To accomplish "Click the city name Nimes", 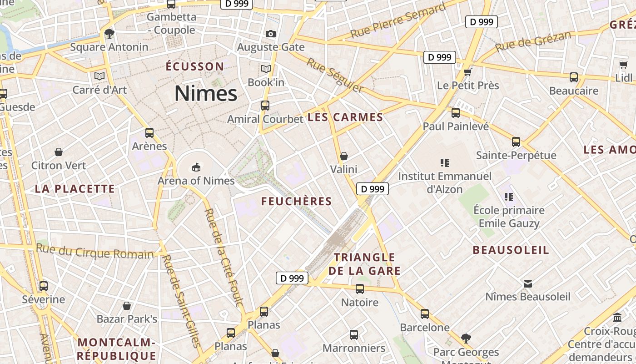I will coord(206,93).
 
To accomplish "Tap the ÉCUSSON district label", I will coord(195,67).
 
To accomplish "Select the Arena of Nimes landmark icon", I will coord(196,167).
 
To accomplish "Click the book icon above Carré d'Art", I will coord(99,76).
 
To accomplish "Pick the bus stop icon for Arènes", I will coord(149,133).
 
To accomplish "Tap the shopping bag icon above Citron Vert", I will coord(59,152).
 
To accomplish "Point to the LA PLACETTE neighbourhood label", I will coord(75,189).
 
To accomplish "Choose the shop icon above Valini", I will coord(344,156).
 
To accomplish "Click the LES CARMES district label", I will coord(345,117).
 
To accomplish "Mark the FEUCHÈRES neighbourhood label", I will coord(297,201).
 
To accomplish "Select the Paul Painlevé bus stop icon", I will coord(456,112).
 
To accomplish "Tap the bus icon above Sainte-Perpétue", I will coord(516,142).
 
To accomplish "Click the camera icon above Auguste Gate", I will coord(271,34).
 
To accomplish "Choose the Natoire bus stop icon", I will coord(360,288).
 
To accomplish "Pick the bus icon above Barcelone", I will coord(425,313).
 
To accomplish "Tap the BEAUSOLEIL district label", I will coord(511,250).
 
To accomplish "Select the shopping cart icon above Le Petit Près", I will coord(467,71).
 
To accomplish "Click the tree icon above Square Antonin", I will coord(109,33).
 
